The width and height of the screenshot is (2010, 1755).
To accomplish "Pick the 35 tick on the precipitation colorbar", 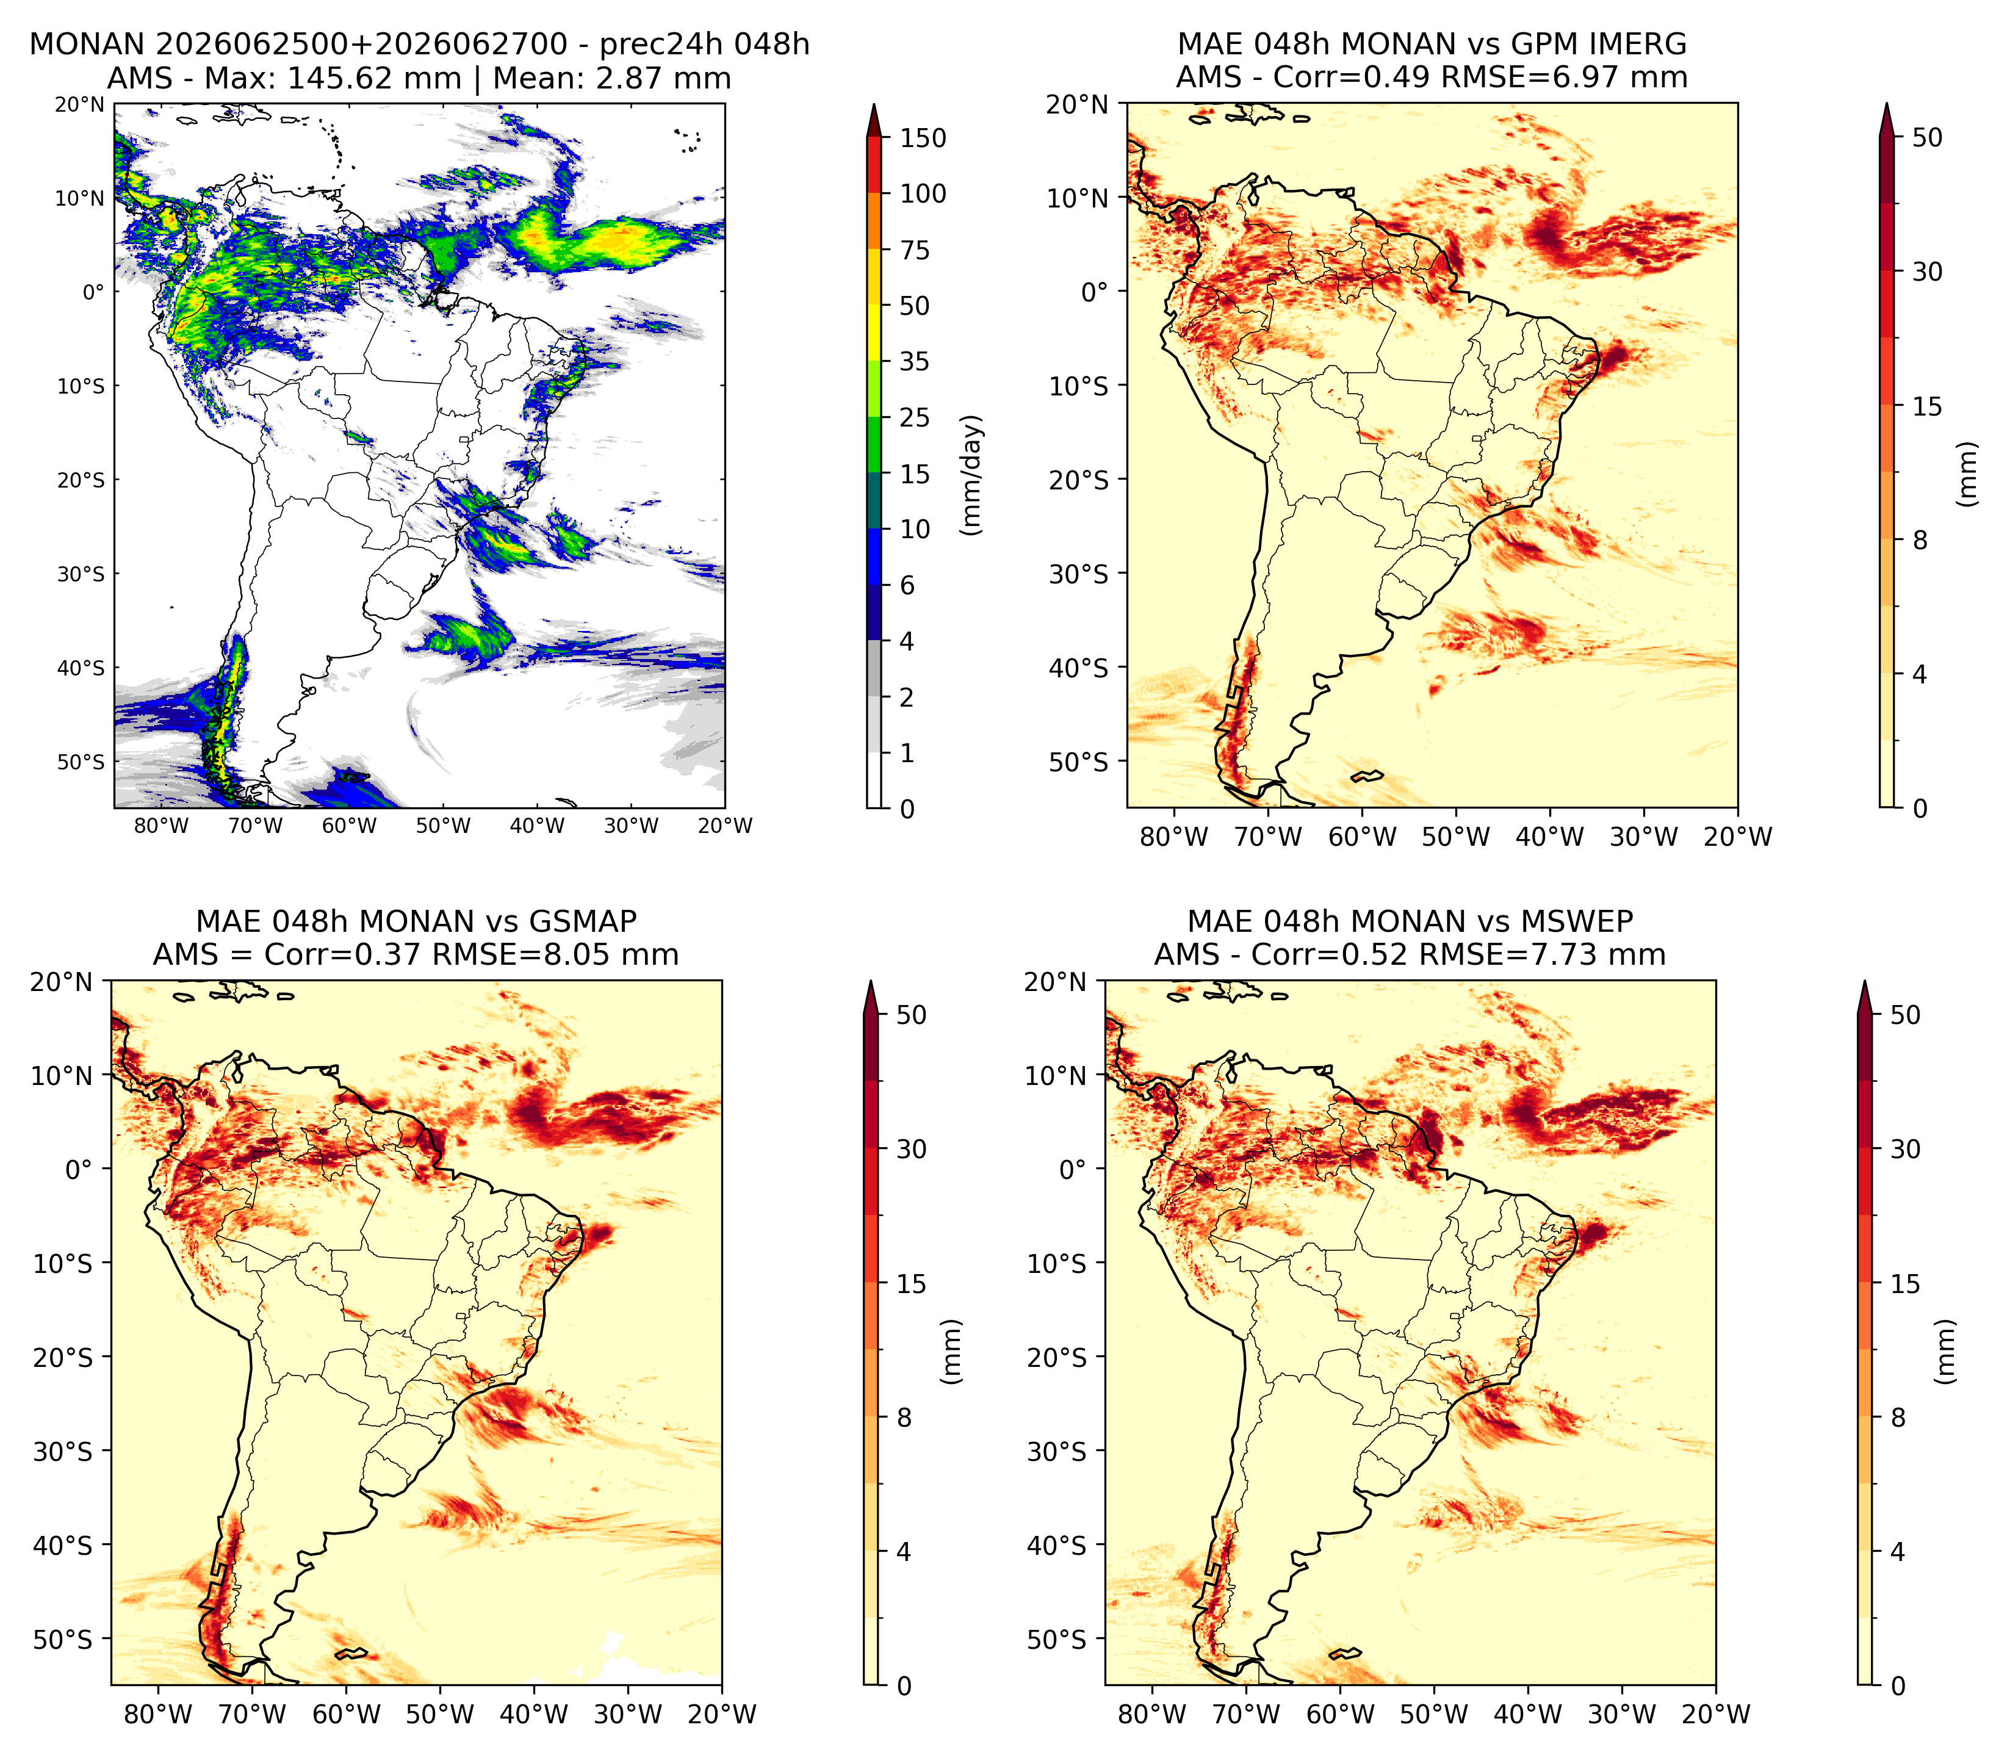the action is click(x=915, y=361).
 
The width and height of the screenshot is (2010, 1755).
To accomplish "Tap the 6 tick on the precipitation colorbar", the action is click(x=907, y=585).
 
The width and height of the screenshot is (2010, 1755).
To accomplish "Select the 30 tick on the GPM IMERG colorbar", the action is click(x=1927, y=272).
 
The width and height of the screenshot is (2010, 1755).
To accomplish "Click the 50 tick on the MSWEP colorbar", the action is click(x=1905, y=1015).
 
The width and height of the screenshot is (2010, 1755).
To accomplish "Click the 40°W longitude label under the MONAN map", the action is click(x=538, y=826).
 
